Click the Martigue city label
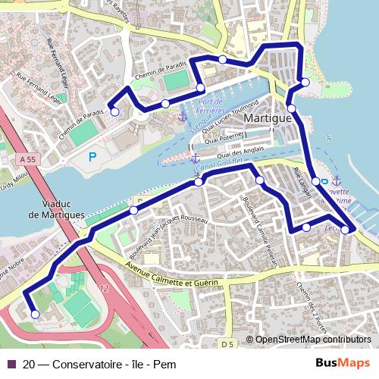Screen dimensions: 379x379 click(268, 120)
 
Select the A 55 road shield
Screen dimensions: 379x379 click(27, 159)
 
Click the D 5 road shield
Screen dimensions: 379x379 click(229, 345)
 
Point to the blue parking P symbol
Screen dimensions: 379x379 click(92, 157)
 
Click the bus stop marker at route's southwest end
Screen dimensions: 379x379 click(34, 314)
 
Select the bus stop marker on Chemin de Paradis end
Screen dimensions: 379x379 click(115, 112)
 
